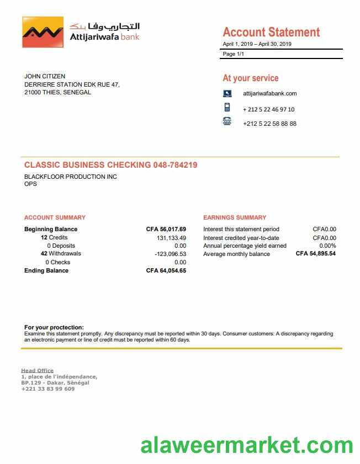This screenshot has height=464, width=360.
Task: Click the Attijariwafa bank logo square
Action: (43, 32)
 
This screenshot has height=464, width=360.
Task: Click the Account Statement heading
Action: (271, 32)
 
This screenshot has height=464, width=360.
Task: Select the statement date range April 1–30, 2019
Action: (257, 44)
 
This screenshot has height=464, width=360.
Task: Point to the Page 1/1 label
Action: (233, 54)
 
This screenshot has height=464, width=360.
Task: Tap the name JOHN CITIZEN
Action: (45, 76)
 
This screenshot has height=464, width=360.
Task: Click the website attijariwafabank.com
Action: (269, 94)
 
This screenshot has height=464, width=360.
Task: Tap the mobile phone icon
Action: (227, 108)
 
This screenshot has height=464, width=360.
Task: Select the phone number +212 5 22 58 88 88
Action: (269, 124)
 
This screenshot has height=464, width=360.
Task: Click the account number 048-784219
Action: (175, 165)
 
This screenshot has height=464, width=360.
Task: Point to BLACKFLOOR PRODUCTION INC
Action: (71, 177)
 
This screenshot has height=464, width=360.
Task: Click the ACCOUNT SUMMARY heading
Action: (55, 217)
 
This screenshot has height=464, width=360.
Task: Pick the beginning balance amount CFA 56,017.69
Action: (166, 229)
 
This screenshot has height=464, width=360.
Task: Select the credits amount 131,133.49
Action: (172, 237)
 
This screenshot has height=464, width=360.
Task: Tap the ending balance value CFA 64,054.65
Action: (166, 270)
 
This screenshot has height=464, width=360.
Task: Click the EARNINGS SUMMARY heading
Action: (235, 217)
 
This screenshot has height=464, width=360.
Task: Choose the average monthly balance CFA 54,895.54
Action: (316, 254)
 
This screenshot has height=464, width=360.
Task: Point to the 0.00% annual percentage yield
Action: (327, 246)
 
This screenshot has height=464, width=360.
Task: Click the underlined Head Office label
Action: (38, 370)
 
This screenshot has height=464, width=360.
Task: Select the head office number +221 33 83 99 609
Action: (48, 388)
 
